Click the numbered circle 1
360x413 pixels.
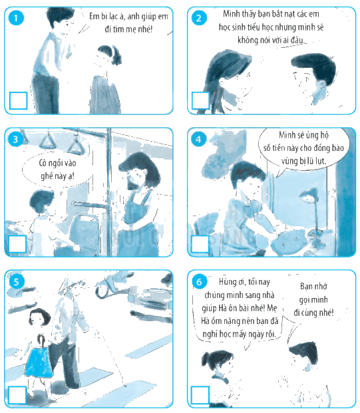tap(16, 18)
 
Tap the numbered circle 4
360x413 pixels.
tap(198, 139)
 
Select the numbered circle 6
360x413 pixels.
tap(199, 282)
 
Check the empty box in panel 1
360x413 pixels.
tap(18, 100)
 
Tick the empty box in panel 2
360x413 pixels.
tap(200, 100)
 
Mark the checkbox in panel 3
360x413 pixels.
tap(17, 244)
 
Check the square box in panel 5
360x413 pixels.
tap(17, 395)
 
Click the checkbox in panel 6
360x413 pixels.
tap(200, 395)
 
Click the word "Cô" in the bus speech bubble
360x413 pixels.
tap(42, 164)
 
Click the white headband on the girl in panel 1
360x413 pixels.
tap(113, 51)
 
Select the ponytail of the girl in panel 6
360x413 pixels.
tap(206, 360)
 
